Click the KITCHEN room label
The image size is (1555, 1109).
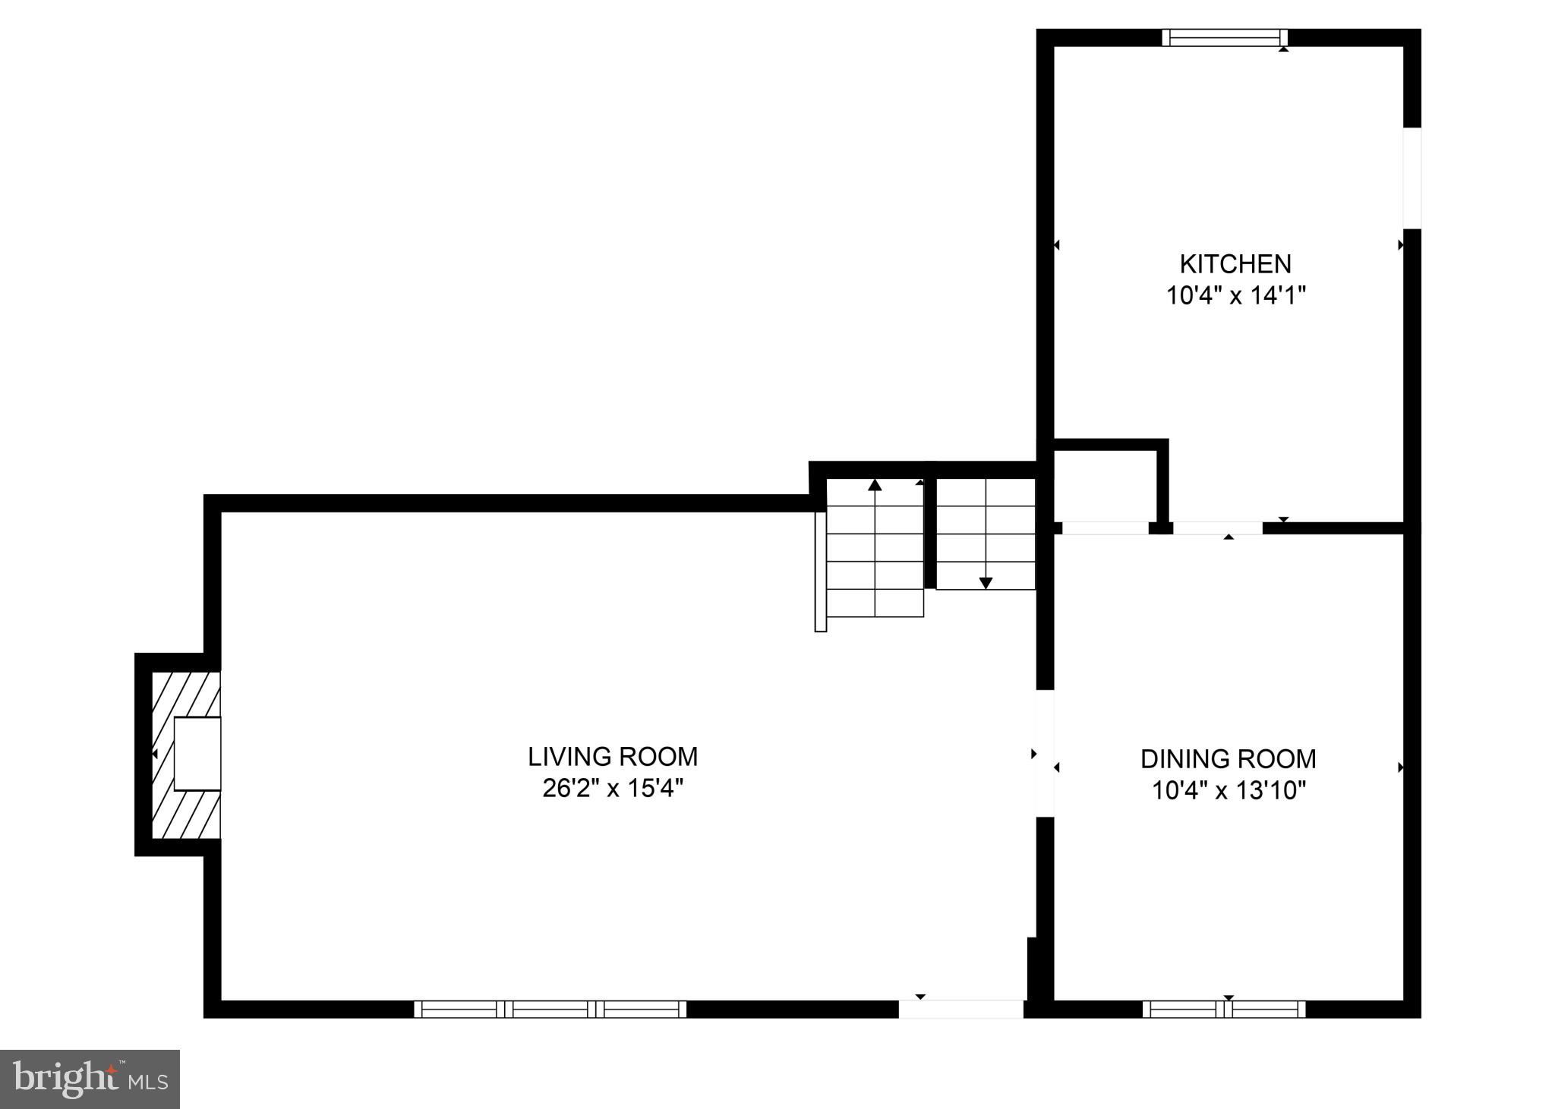pyautogui.click(x=1235, y=264)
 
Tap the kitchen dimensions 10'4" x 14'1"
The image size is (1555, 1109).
pyautogui.click(x=1235, y=295)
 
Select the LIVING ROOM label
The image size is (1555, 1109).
pyautogui.click(x=613, y=757)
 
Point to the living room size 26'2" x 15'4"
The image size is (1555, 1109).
pyautogui.click(x=613, y=789)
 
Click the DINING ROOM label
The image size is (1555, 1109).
pyautogui.click(x=1228, y=759)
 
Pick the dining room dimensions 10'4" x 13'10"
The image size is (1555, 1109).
pyautogui.click(x=1228, y=791)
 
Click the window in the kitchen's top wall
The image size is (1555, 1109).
pyautogui.click(x=1225, y=38)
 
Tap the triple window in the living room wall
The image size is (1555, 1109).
pyautogui.click(x=550, y=1009)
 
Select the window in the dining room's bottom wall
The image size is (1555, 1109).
pyautogui.click(x=1224, y=1009)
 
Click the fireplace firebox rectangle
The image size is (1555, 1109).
pyautogui.click(x=197, y=754)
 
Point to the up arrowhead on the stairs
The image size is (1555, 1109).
pyautogui.click(x=875, y=484)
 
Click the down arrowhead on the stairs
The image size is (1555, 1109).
pyautogui.click(x=986, y=583)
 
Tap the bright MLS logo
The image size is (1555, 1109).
pyautogui.click(x=90, y=1079)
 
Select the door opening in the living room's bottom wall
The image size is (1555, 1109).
pyautogui.click(x=960, y=1009)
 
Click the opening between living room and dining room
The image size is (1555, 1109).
pyautogui.click(x=1046, y=753)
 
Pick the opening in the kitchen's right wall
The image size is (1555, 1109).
pyautogui.click(x=1411, y=178)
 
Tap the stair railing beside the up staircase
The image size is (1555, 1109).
pyautogui.click(x=820, y=571)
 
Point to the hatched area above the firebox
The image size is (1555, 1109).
pyautogui.click(x=186, y=694)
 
